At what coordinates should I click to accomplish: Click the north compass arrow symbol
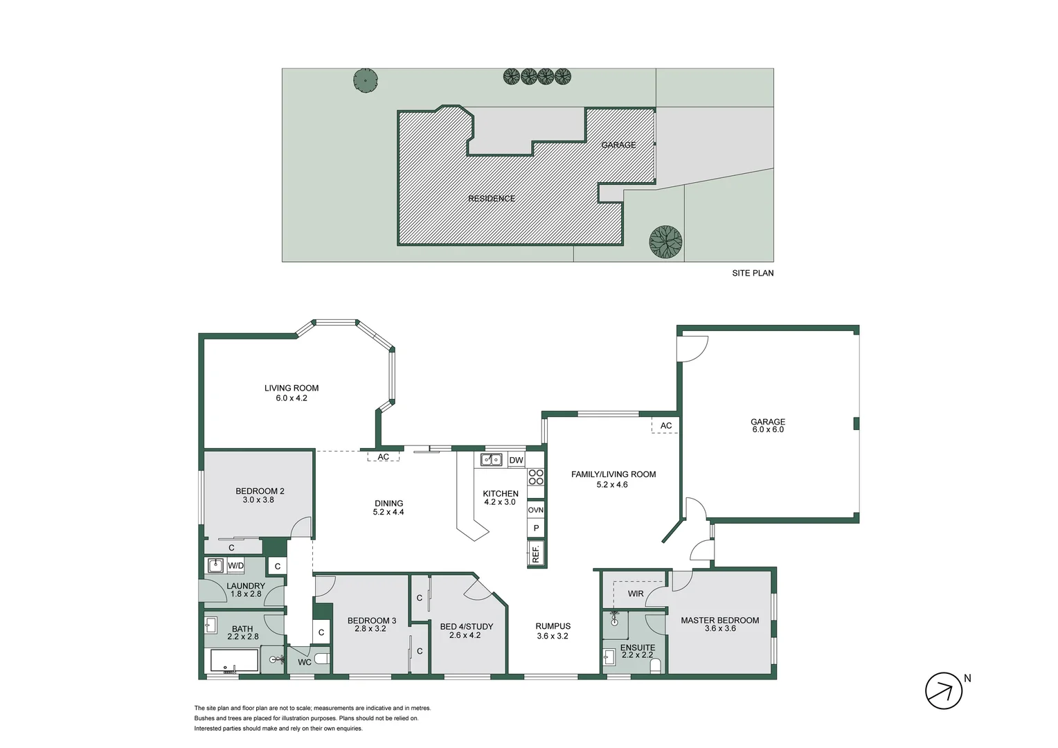pyautogui.click(x=944, y=691)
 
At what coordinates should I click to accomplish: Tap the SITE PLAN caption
pyautogui.click(x=753, y=273)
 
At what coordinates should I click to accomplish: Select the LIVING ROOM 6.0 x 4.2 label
pyautogui.click(x=292, y=393)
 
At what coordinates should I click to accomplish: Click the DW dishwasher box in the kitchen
pyautogui.click(x=516, y=460)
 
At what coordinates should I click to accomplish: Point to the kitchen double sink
pyautogui.click(x=492, y=459)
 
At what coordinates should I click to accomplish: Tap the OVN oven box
pyautogui.click(x=536, y=510)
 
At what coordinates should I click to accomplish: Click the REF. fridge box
pyautogui.click(x=536, y=553)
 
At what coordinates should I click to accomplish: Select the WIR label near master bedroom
pyautogui.click(x=636, y=594)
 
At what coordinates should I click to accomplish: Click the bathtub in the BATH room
pyautogui.click(x=234, y=661)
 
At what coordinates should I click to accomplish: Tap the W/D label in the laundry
pyautogui.click(x=236, y=566)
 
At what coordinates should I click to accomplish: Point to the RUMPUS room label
pyautogui.click(x=553, y=630)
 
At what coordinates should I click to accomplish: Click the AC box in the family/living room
pyautogui.click(x=665, y=425)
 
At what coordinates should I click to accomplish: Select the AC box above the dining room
pyautogui.click(x=383, y=457)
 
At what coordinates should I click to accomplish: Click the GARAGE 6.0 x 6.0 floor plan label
pyautogui.click(x=768, y=425)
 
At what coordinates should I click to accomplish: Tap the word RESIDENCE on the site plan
pyautogui.click(x=492, y=199)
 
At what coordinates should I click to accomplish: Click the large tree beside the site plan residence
pyautogui.click(x=665, y=242)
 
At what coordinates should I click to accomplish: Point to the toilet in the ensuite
pyautogui.click(x=656, y=666)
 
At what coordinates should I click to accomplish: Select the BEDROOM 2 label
pyautogui.click(x=260, y=495)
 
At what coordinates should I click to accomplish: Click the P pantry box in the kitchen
pyautogui.click(x=536, y=528)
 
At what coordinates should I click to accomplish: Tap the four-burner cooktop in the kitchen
pyautogui.click(x=536, y=477)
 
